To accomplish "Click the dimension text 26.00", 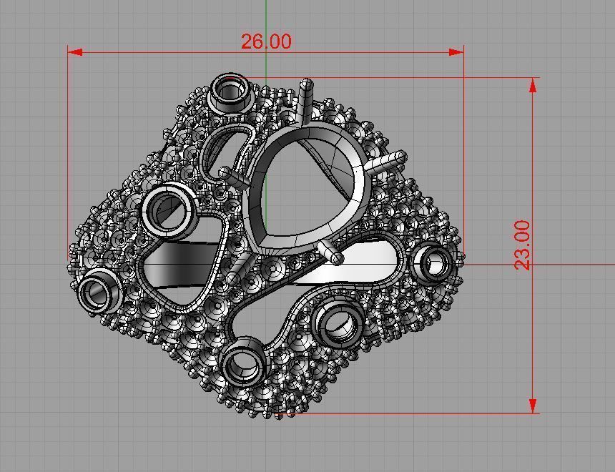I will (266, 41).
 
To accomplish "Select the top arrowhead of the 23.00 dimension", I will (533, 85).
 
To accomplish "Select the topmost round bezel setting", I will (230, 92).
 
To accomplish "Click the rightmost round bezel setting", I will (434, 262).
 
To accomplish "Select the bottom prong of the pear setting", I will (331, 252).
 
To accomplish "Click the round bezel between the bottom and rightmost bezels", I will (336, 323).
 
